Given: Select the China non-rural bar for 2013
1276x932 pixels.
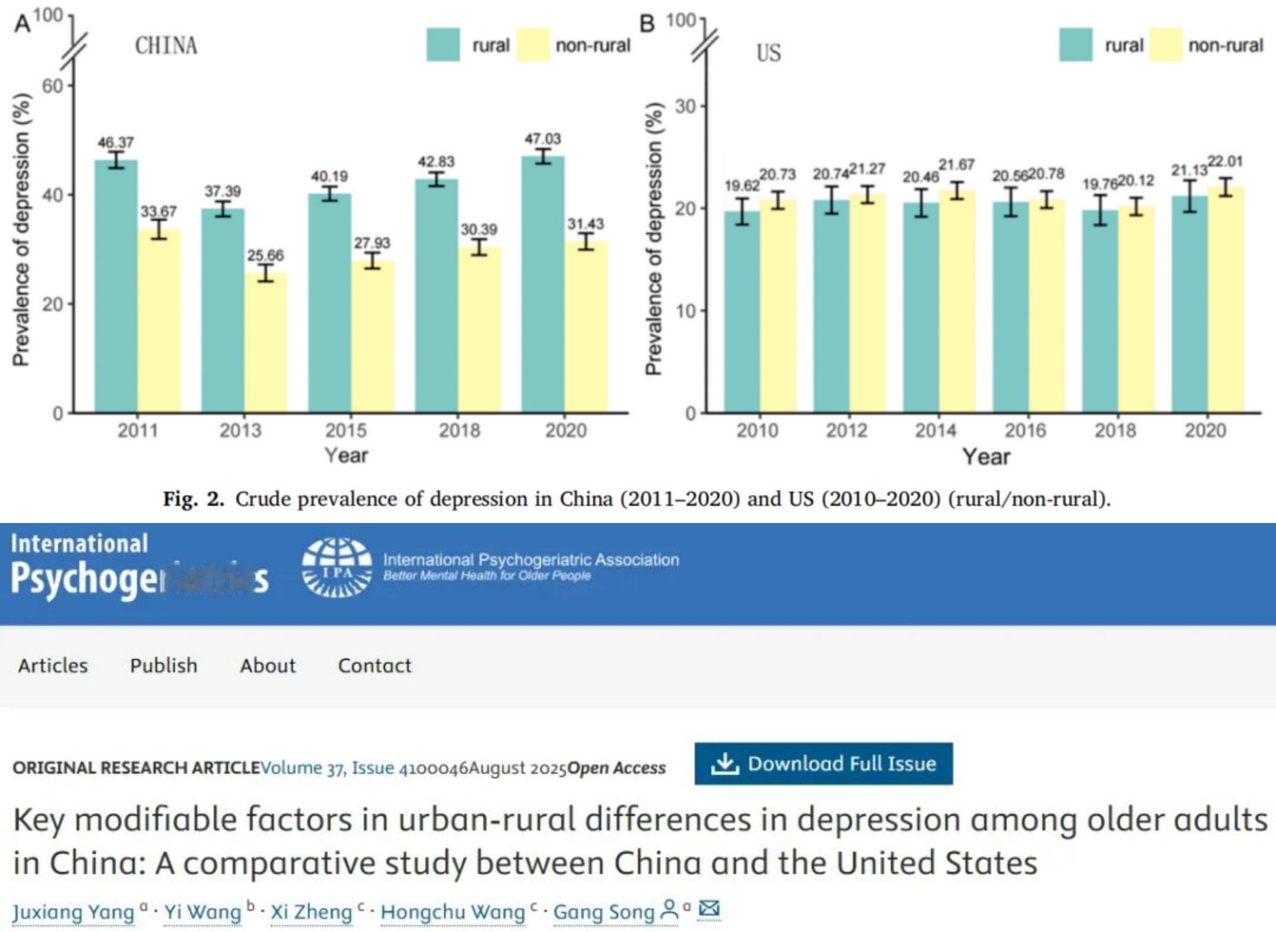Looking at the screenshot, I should click(x=266, y=342).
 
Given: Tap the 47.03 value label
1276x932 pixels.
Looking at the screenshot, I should click(x=543, y=139).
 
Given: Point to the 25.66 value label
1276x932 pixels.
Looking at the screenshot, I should click(x=265, y=255).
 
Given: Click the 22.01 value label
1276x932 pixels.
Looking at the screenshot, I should click(x=1225, y=161).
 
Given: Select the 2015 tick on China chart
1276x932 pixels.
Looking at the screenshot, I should click(x=346, y=430).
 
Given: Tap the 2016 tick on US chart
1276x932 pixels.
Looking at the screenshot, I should click(x=1026, y=430).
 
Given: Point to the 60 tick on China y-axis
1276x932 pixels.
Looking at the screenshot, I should click(x=52, y=86).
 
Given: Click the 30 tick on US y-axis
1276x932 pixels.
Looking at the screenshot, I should click(x=685, y=106).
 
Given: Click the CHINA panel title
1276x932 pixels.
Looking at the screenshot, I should click(x=166, y=46).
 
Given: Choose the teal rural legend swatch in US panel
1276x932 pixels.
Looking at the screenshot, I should click(x=1076, y=45).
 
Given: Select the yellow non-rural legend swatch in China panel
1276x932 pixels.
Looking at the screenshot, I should click(x=533, y=45).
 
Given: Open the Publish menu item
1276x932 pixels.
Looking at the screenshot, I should click(x=164, y=665).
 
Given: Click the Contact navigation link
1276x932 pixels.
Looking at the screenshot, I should click(x=375, y=665).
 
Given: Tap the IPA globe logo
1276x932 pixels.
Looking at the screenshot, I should click(x=337, y=567).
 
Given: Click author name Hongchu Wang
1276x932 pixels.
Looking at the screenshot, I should click(x=453, y=912).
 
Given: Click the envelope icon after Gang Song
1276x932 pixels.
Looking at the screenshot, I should click(x=709, y=908).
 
